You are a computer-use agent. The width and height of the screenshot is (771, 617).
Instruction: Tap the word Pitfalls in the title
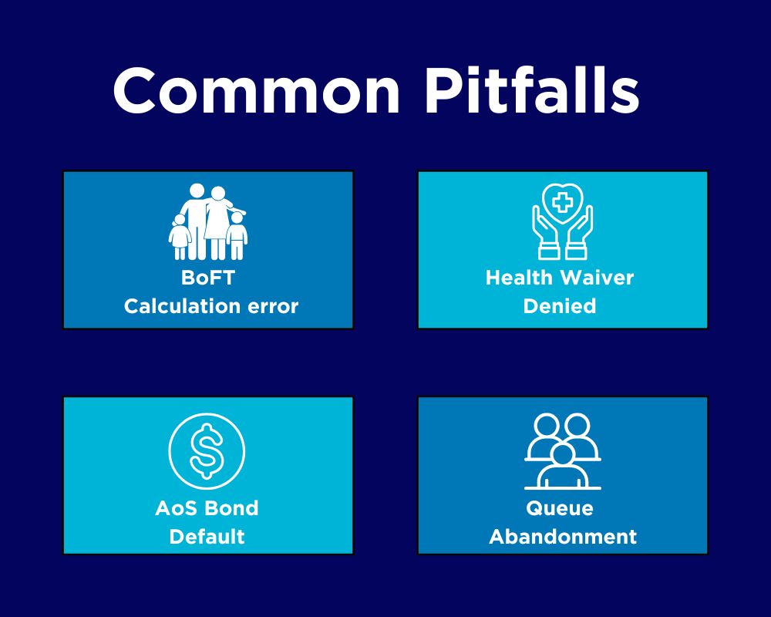click(x=531, y=91)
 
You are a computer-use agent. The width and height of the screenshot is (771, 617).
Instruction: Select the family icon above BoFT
click(x=207, y=222)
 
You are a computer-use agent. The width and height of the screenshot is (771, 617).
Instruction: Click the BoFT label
click(x=207, y=278)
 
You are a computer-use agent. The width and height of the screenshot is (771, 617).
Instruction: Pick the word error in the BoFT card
click(x=272, y=306)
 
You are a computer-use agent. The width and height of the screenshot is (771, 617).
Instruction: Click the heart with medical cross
click(x=563, y=203)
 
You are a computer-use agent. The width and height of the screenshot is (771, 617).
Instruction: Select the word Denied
click(x=560, y=306)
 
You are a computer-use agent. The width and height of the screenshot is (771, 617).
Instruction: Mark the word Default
click(x=207, y=536)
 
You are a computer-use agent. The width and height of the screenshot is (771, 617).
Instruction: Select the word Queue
click(x=560, y=508)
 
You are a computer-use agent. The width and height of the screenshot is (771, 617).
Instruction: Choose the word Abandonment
click(x=563, y=536)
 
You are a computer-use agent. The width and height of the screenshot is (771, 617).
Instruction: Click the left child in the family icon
click(x=180, y=238)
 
